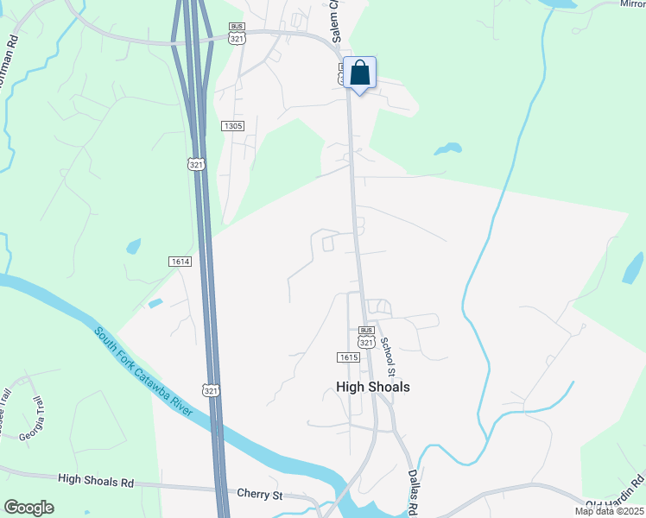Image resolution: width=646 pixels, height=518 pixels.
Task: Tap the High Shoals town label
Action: click(x=372, y=387)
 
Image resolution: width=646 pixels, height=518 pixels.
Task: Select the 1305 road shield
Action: click(x=233, y=126)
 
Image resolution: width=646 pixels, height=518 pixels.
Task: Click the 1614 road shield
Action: click(x=180, y=261)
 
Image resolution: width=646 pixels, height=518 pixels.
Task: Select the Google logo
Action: click(x=28, y=508)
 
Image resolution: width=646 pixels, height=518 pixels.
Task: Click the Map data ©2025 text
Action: click(x=609, y=511)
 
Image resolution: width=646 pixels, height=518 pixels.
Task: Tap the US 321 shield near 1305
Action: click(x=197, y=163)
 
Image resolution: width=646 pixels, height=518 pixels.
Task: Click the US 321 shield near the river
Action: click(x=211, y=390)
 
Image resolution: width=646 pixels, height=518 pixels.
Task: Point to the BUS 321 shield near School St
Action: click(x=366, y=338)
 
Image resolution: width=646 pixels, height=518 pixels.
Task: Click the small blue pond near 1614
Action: click(x=134, y=246)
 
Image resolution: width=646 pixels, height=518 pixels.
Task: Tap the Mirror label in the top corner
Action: click(x=632, y=3)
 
